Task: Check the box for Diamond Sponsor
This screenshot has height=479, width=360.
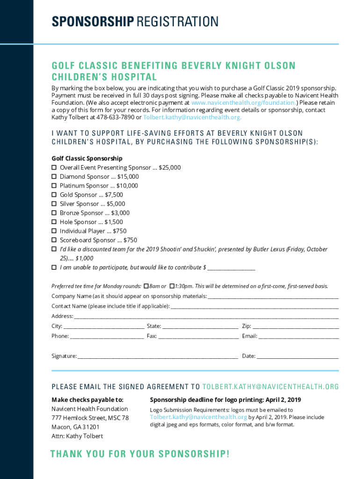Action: click(x=54, y=177)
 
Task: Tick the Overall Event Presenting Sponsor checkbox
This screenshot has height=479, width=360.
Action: click(x=54, y=167)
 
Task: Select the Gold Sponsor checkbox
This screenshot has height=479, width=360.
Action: click(x=54, y=195)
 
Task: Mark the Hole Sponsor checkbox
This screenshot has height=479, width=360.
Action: click(x=54, y=222)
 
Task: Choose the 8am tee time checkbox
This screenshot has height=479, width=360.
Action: click(x=146, y=286)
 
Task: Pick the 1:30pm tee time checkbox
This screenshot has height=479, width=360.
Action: click(x=172, y=286)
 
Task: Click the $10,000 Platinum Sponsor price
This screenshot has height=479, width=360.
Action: click(x=127, y=186)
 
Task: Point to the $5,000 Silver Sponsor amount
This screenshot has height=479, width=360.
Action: click(x=116, y=204)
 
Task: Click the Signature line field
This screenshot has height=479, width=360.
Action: click(x=158, y=356)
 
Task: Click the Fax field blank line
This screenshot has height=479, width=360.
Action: click(x=198, y=336)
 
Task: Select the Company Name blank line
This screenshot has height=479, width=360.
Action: click(x=273, y=297)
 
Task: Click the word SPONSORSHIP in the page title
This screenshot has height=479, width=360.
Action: click(x=92, y=22)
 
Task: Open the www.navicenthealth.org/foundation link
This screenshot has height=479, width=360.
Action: click(x=243, y=102)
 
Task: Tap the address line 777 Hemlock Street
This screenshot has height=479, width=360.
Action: click(x=90, y=418)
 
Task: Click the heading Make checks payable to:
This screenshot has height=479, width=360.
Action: click(x=87, y=400)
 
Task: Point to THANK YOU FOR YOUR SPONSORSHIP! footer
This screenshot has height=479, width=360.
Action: click(x=140, y=454)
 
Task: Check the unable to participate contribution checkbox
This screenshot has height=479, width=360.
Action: click(x=54, y=268)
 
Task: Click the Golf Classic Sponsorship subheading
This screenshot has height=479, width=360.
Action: click(x=87, y=159)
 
